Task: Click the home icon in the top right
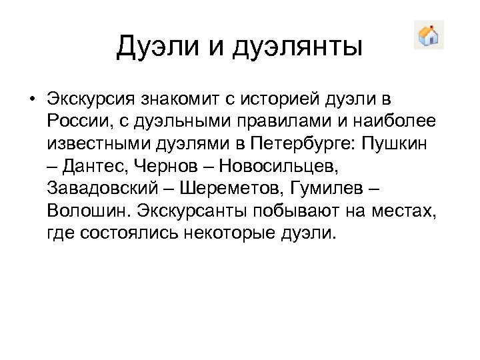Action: click(x=429, y=35)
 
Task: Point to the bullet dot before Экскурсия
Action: click(x=32, y=100)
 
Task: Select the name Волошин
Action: click(x=89, y=211)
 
